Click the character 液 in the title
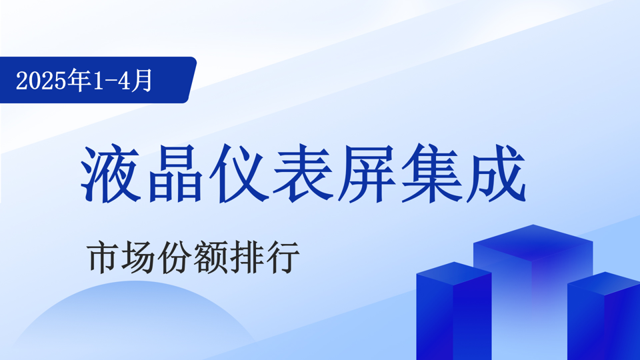pyautogui.click(x=111, y=174)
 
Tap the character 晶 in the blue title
pyautogui.click(x=175, y=174)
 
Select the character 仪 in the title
pyautogui.click(x=239, y=174)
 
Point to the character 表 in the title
pyautogui.click(x=303, y=174)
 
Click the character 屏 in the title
pyautogui.click(x=367, y=174)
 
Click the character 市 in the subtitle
pyautogui.click(x=103, y=257)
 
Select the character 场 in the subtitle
pyautogui.click(x=139, y=257)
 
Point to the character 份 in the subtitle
pyautogui.click(x=174, y=257)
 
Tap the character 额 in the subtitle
pyautogui.click(x=210, y=257)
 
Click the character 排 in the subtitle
pyautogui.click(x=246, y=257)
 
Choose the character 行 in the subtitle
pyautogui.click(x=282, y=257)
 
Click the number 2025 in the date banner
pyautogui.click(x=41, y=81)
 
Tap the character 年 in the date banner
pyautogui.click(x=79, y=80)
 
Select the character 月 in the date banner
pyautogui.click(x=141, y=80)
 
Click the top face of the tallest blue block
pyautogui.click(x=533, y=243)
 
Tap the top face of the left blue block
pyautogui.click(x=454, y=273)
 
